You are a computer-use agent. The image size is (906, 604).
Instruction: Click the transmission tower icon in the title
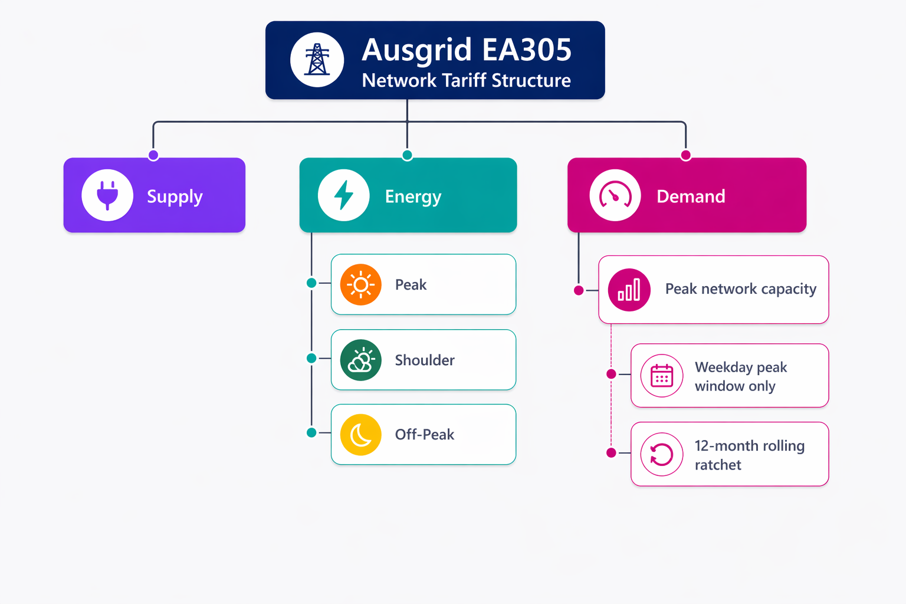317,60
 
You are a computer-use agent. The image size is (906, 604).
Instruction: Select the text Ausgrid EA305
467,50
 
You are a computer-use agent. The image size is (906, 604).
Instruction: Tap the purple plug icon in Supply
107,195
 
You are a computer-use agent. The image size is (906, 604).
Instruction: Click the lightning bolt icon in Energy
343,195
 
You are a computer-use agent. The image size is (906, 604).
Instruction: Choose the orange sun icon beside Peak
361,284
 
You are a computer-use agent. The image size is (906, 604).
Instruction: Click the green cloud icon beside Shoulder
361,360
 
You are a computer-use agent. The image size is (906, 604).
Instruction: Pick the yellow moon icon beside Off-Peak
361,435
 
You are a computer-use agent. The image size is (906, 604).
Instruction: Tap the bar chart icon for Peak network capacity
629,290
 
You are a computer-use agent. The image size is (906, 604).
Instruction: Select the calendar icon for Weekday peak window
662,375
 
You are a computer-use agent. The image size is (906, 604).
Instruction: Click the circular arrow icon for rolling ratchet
662,454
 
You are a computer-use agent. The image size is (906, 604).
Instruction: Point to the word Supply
175,197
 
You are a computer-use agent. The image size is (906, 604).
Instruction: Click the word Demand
691,196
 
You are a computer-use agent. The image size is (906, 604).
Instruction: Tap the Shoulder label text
425,360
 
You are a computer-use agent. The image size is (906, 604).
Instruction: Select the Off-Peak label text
425,435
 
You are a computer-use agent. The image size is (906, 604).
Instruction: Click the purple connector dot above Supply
153,155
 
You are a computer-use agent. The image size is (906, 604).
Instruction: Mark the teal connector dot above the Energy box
408,155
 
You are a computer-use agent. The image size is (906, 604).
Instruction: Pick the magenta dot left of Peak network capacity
579,290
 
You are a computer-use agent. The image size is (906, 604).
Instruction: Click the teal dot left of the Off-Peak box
311,433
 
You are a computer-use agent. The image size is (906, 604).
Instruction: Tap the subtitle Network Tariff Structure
467,80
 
